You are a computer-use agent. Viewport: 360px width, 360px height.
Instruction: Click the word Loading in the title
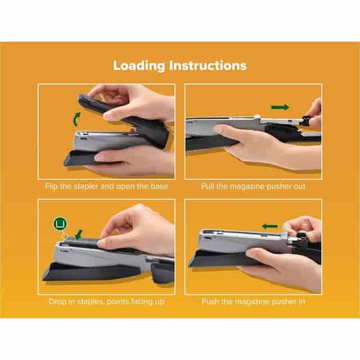139,66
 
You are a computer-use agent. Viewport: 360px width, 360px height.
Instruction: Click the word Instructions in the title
208,65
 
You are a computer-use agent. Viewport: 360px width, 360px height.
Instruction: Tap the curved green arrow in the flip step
76,119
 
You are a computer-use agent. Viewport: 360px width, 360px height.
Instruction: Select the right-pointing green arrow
280,107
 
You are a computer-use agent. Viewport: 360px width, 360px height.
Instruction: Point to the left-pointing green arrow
270,226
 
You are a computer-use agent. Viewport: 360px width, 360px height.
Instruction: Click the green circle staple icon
60,223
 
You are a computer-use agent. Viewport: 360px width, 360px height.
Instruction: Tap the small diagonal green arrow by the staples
79,234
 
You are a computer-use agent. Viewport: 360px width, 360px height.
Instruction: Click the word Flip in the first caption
51,186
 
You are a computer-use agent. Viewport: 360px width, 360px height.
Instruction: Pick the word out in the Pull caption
299,186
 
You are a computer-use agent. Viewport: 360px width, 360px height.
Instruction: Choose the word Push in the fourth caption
210,301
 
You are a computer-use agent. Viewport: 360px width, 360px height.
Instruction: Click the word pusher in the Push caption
285,301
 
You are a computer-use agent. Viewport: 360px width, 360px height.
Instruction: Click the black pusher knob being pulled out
305,120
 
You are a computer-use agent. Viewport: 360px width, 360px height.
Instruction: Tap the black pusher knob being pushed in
301,237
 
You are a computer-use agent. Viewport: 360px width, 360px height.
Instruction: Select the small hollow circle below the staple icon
65,236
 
